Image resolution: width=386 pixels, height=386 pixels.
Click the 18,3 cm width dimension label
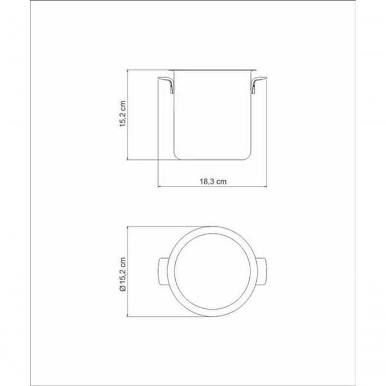click(x=213, y=182)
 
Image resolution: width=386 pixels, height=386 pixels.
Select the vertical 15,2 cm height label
click(x=123, y=114)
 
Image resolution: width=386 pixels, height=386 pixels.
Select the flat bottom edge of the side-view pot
click(x=213, y=159)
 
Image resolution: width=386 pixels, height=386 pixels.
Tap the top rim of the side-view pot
click(x=213, y=70)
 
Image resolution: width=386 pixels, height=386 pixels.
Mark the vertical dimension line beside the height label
click(x=129, y=114)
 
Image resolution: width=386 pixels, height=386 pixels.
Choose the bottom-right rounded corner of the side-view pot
click(x=249, y=156)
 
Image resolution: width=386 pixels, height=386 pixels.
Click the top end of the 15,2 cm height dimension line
click(x=129, y=70)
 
